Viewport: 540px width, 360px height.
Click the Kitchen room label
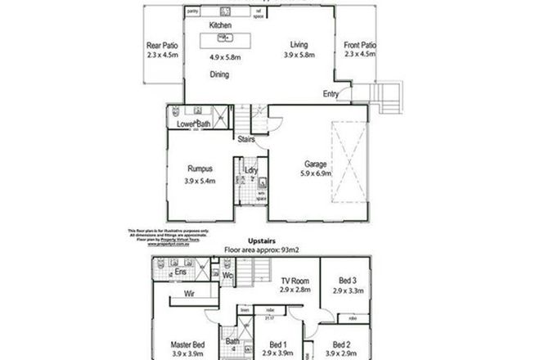[x=220, y=26]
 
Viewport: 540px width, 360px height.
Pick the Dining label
[x=218, y=75]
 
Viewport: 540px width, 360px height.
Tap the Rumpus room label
[x=200, y=169]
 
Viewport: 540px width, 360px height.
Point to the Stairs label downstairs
[x=249, y=139]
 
